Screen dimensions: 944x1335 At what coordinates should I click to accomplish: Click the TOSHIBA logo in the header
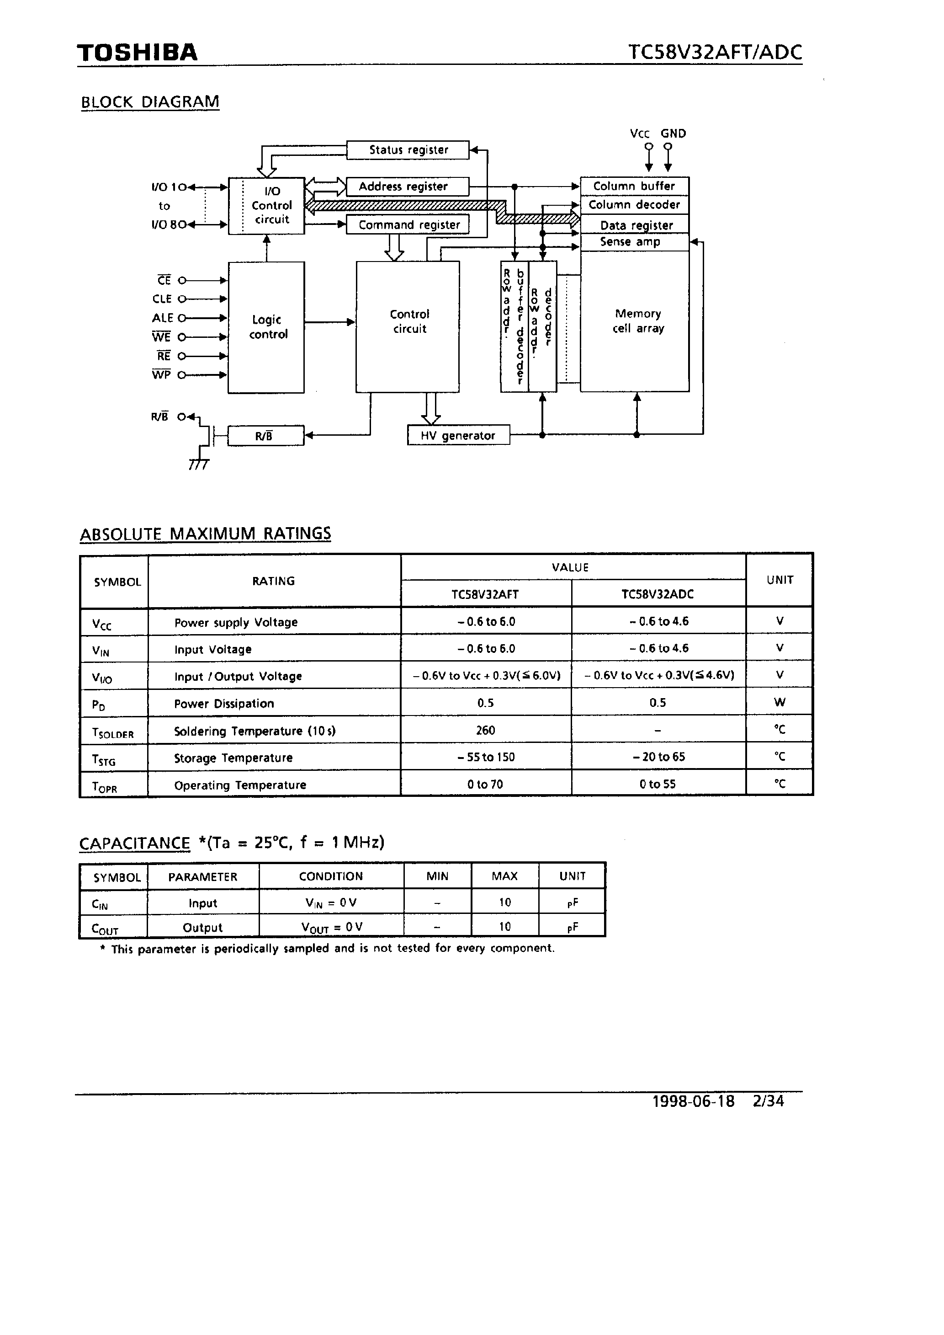pyautogui.click(x=137, y=53)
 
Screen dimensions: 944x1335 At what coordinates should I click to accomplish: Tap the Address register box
pyautogui.click(x=406, y=187)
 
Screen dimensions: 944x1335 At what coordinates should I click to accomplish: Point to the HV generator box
pyautogui.click(x=458, y=436)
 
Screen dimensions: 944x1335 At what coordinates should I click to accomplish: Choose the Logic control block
pyautogui.click(x=266, y=327)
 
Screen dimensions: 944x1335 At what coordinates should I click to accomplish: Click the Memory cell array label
pyautogui.click(x=638, y=321)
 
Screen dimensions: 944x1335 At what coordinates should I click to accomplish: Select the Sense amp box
pyautogui.click(x=631, y=242)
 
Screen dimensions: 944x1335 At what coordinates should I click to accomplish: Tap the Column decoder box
pyautogui.click(x=634, y=205)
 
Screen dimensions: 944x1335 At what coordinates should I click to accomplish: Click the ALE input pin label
pyautogui.click(x=162, y=318)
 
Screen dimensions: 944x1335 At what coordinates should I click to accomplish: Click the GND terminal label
pyautogui.click(x=673, y=134)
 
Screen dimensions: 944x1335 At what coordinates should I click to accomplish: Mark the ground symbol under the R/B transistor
pyautogui.click(x=198, y=465)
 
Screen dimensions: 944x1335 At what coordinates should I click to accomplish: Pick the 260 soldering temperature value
pyautogui.click(x=485, y=730)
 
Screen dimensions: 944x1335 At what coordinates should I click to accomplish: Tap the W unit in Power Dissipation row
pyautogui.click(x=780, y=702)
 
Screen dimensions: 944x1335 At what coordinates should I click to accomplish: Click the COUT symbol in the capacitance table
pyautogui.click(x=105, y=929)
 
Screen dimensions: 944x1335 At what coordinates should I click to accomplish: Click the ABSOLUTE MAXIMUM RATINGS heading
pyautogui.click(x=205, y=534)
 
